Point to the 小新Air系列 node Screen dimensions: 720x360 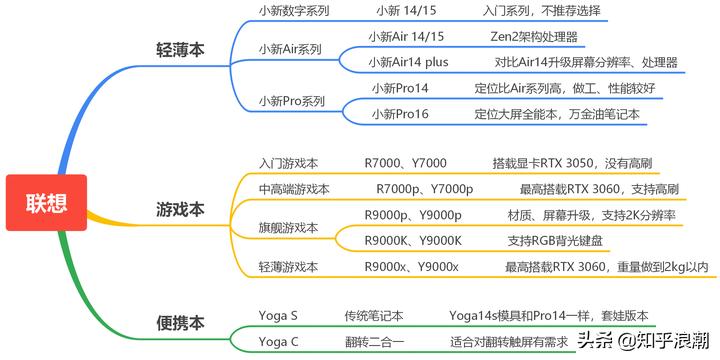(290, 49)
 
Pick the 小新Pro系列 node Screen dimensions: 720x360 (292, 101)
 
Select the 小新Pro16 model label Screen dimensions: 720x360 (400, 114)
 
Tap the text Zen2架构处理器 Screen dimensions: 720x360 (534, 37)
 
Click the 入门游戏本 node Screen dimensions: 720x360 (288, 163)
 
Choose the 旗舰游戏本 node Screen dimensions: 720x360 (288, 228)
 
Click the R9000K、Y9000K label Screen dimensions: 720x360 (413, 241)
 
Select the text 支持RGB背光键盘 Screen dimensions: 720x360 (555, 241)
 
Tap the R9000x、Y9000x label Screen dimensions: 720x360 (412, 267)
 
